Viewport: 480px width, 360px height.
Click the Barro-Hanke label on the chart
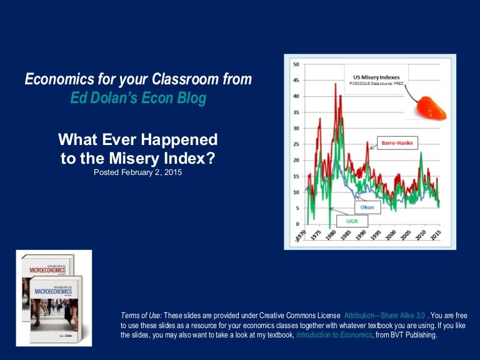pos(397,143)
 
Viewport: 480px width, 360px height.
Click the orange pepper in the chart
pos(431,107)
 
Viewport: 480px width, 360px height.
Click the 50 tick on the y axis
pos(296,64)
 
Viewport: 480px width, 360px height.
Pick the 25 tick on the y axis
pos(296,144)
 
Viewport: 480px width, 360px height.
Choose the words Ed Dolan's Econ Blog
pos(138,99)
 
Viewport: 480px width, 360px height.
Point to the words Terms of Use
pos(141,315)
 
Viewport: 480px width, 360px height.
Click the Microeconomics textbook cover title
pos(47,271)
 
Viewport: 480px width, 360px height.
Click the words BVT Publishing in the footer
pos(415,335)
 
